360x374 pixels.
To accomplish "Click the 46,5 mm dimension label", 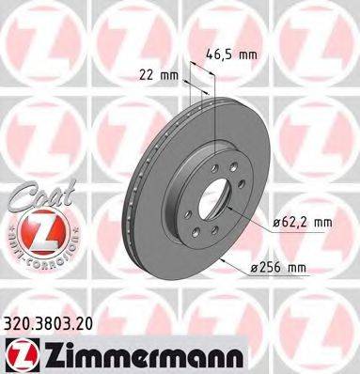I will [231, 55].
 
